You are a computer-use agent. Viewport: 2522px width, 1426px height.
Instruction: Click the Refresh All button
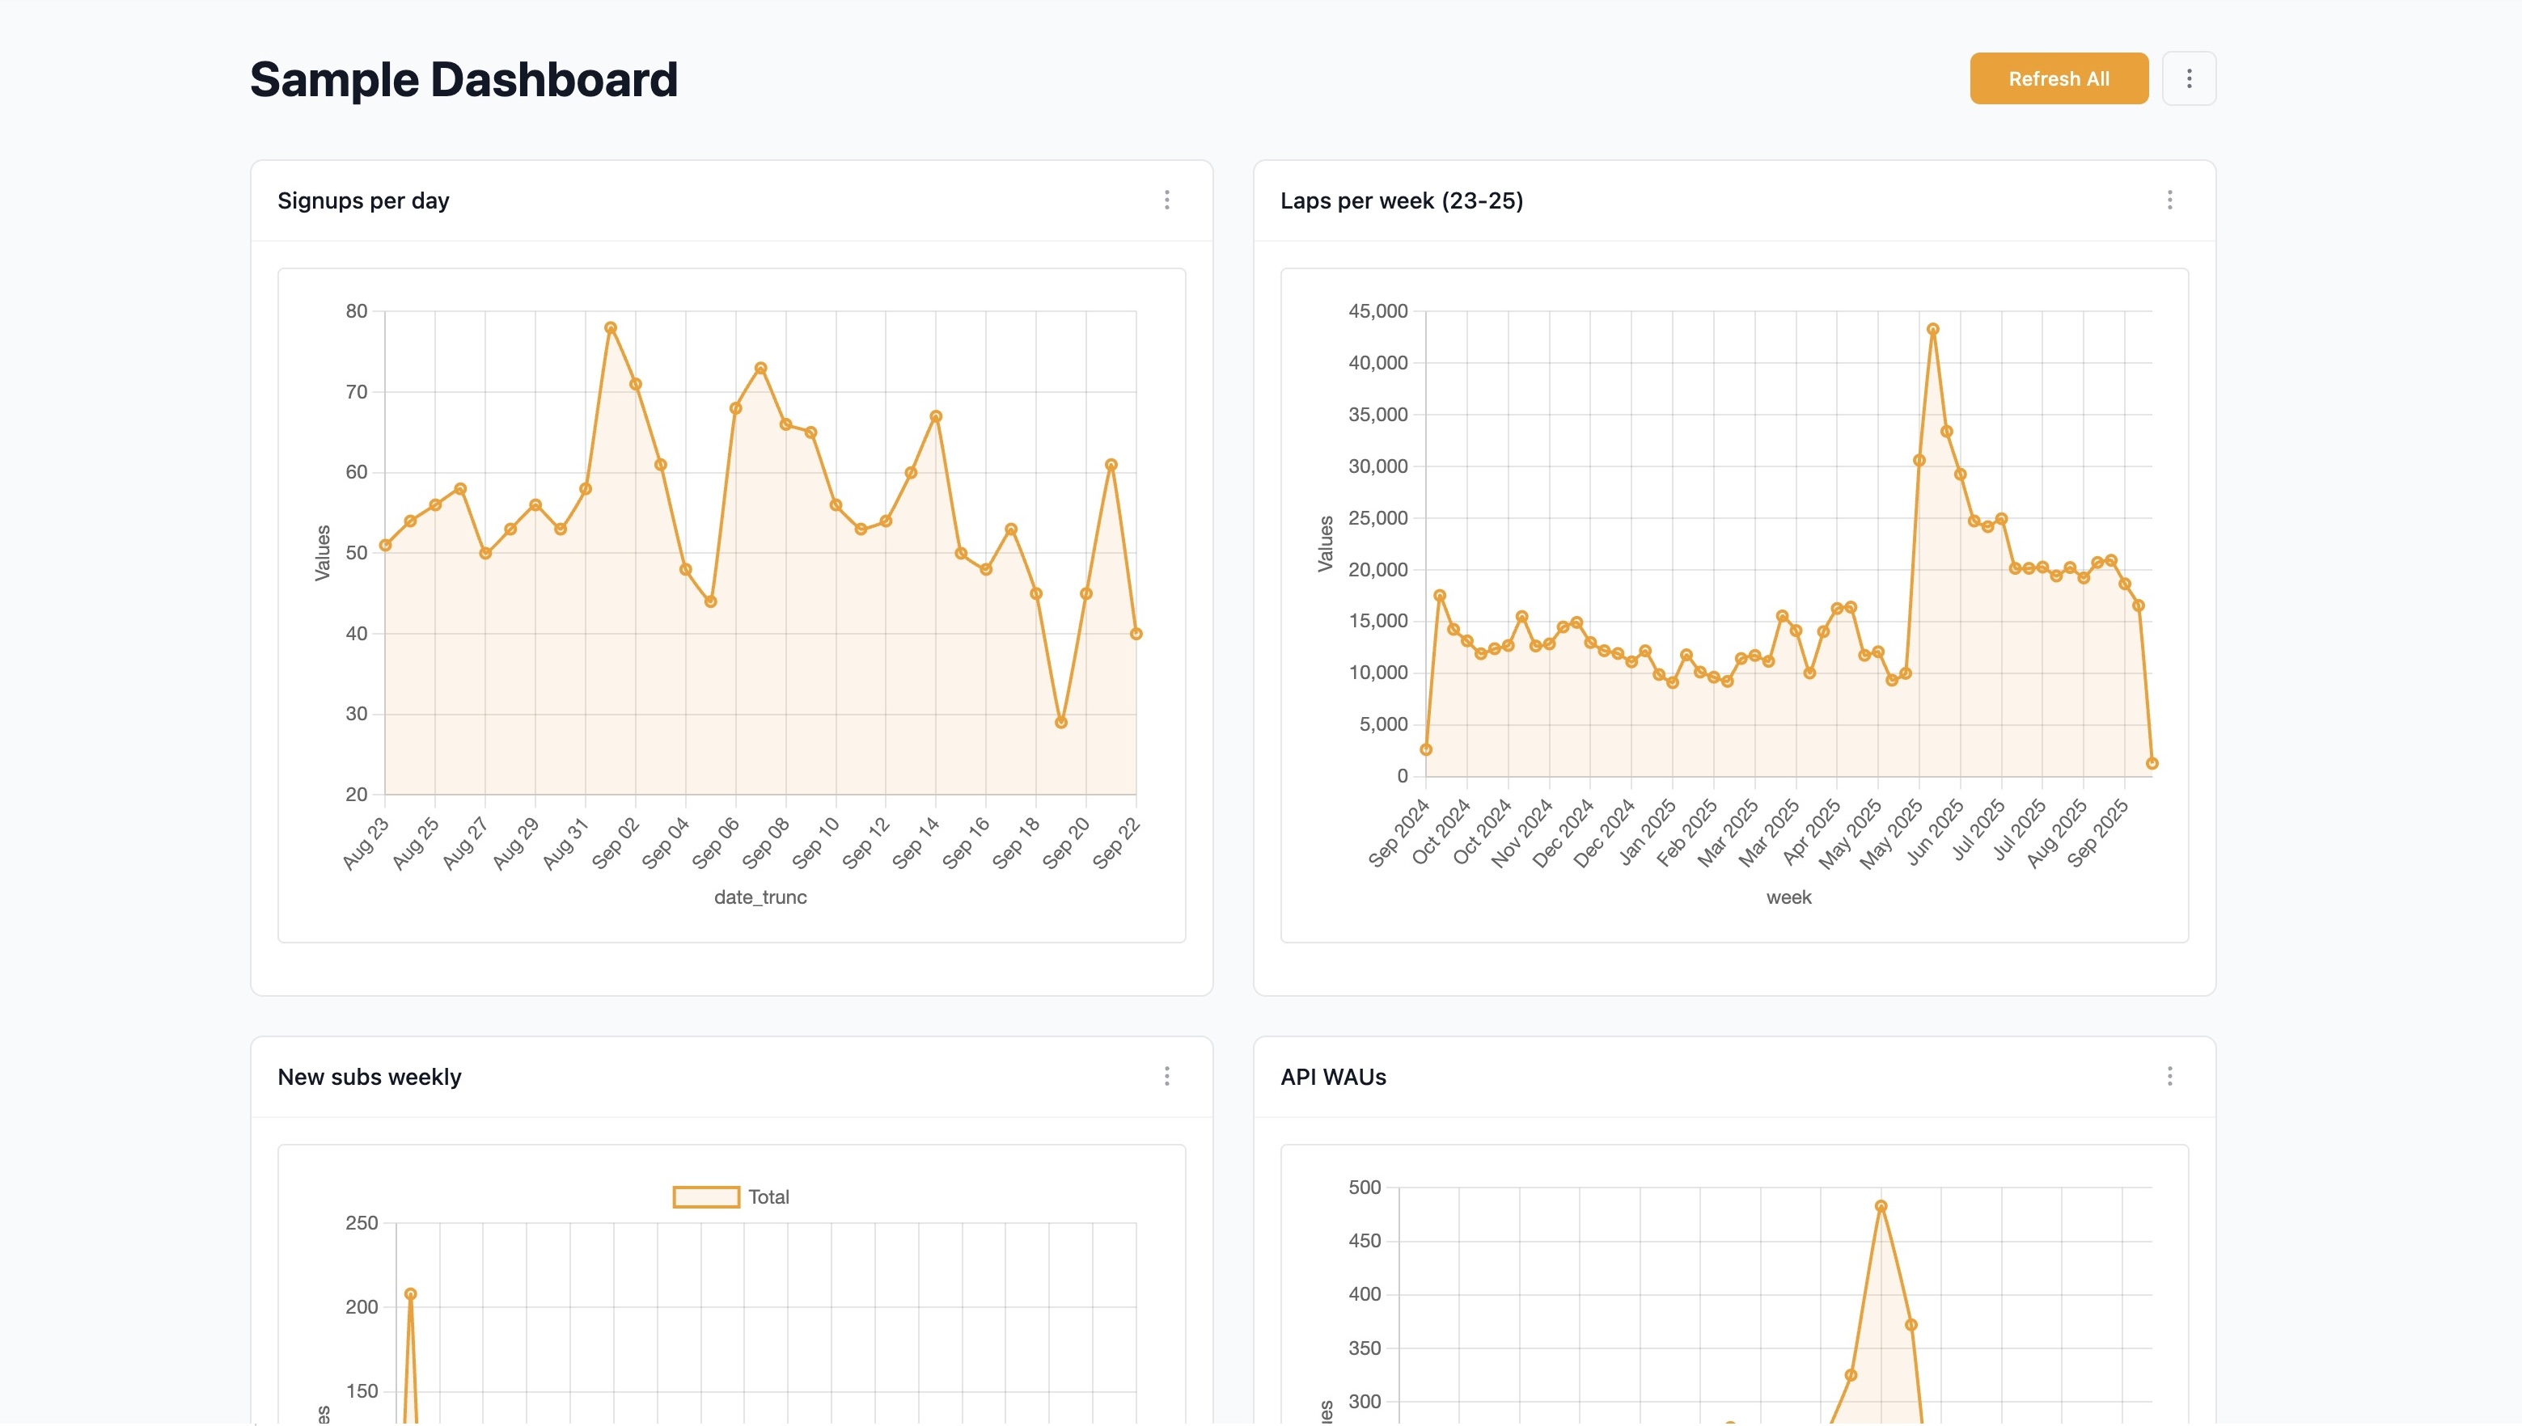click(2058, 78)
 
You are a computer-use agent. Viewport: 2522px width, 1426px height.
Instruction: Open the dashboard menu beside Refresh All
click(2188, 78)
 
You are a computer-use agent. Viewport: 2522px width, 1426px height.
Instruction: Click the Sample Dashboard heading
click(463, 79)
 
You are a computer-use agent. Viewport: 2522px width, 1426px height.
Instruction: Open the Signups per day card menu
click(1166, 200)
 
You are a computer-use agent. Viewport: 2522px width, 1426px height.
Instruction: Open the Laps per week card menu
click(2169, 200)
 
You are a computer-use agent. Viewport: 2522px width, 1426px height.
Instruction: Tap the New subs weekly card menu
click(1166, 1076)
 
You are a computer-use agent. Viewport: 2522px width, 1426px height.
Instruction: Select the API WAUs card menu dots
click(2169, 1076)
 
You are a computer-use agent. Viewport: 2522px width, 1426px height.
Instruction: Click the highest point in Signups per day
click(611, 328)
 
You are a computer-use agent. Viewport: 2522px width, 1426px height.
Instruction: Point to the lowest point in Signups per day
click(1060, 723)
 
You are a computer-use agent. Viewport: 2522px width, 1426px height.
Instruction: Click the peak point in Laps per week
click(1932, 330)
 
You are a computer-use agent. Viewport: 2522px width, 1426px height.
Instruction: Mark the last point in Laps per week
click(2152, 764)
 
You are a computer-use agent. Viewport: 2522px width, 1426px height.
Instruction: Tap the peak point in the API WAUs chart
click(1881, 1207)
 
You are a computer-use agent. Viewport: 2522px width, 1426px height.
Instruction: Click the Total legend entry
click(731, 1196)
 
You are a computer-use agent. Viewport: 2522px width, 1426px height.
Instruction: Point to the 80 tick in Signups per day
click(357, 311)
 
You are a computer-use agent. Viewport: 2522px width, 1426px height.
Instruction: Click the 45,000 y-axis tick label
click(1377, 311)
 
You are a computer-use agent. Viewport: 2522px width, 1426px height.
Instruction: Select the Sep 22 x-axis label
click(1116, 842)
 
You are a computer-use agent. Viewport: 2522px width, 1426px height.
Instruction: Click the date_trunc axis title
click(760, 897)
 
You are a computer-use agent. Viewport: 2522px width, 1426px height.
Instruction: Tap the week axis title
click(1788, 897)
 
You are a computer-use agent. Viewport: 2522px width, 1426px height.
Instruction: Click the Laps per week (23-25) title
click(1401, 200)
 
